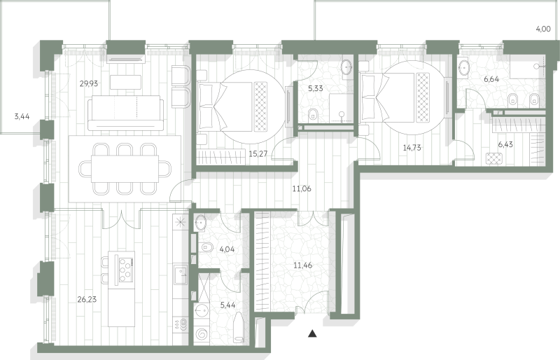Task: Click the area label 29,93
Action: (x=89, y=83)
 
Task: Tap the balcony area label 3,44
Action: (x=22, y=116)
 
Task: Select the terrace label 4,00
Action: (x=543, y=29)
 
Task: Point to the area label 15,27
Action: (x=258, y=154)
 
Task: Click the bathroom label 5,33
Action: (x=316, y=88)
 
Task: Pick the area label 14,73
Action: (x=412, y=147)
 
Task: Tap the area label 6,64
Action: (x=491, y=79)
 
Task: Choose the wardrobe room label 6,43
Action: (x=505, y=144)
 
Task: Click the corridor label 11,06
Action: (x=302, y=189)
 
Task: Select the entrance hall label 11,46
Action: (x=303, y=265)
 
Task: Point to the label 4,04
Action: (x=227, y=249)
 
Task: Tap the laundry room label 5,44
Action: (x=228, y=305)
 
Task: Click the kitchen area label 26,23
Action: (x=87, y=299)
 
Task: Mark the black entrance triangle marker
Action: (x=312, y=333)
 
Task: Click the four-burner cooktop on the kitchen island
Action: (x=126, y=270)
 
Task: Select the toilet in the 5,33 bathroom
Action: (x=313, y=114)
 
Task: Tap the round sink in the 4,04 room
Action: (x=200, y=222)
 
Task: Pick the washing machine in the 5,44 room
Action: (x=201, y=334)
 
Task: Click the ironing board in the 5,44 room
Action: (x=238, y=328)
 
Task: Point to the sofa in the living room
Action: (x=125, y=113)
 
